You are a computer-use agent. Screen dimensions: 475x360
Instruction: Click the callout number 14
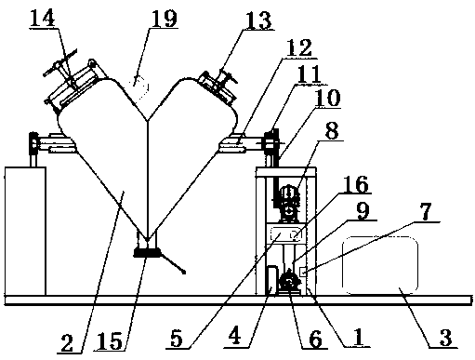point(43,19)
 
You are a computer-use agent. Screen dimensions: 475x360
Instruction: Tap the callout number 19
point(164,19)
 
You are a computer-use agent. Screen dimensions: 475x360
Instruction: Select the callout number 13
point(258,20)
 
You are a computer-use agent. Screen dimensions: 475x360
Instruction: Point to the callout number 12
point(299,47)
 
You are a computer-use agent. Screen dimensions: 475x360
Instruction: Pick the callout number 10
point(326,98)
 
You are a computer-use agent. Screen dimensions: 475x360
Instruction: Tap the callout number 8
point(332,130)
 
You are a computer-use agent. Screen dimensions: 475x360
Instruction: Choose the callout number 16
point(356,184)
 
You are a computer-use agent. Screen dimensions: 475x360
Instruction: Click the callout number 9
point(363,211)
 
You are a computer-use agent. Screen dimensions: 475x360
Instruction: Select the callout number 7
point(427,212)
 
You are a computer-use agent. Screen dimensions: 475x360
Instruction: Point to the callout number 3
point(446,338)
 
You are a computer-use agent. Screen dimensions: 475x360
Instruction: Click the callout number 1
point(360,337)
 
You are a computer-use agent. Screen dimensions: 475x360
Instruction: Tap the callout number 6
point(315,339)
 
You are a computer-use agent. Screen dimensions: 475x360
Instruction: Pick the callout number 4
point(234,336)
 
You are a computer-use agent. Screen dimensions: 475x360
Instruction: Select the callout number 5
point(177,339)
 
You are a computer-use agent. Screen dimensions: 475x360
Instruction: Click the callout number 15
point(110,341)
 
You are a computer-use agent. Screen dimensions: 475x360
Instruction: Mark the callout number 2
point(67,343)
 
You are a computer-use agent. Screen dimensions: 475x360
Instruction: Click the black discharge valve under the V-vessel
point(147,253)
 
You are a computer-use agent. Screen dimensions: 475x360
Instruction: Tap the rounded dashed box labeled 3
point(380,265)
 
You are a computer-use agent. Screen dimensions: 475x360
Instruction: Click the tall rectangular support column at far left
point(25,231)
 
